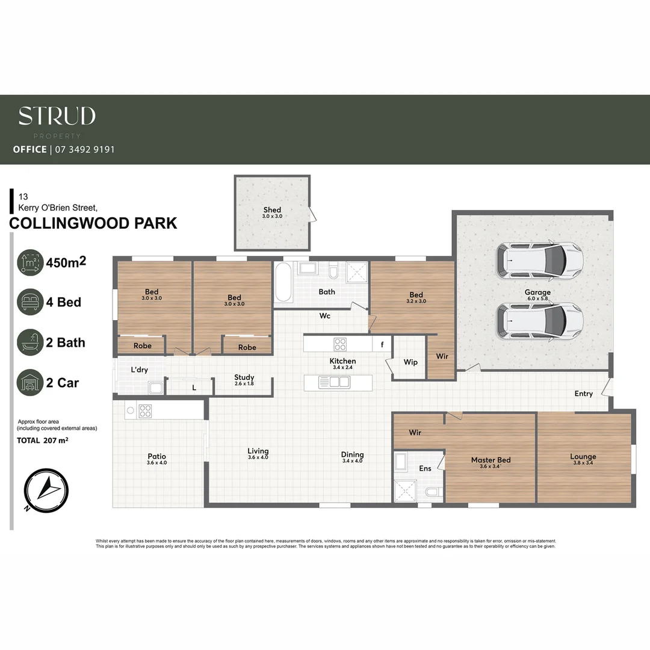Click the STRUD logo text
(57, 116)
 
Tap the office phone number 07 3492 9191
(84, 149)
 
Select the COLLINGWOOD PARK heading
(93, 223)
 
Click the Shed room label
(272, 210)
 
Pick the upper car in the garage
(539, 260)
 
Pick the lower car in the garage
(539, 320)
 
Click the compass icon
(46, 489)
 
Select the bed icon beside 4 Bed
(30, 302)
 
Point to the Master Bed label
(491, 460)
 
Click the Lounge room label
(583, 457)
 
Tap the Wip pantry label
(410, 362)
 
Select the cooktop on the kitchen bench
(340, 344)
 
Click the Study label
(244, 377)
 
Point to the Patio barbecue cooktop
(145, 411)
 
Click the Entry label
(583, 394)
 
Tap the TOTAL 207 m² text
(42, 441)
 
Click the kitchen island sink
(338, 382)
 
